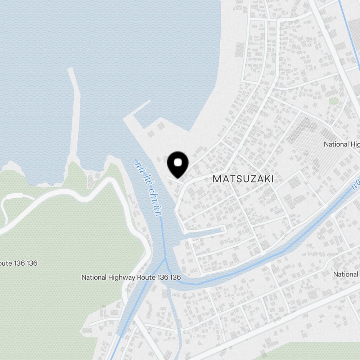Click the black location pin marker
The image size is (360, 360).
[178, 165]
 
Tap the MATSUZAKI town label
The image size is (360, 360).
[243, 179]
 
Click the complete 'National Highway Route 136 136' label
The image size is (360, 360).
[131, 278]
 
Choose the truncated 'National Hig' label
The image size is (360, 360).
[341, 144]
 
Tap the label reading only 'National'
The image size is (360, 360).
[346, 274]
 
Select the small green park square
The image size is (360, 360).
[334, 102]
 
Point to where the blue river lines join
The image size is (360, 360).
[165, 258]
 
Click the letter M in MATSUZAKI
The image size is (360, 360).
[217, 179]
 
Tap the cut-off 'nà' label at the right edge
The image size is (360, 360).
[356, 184]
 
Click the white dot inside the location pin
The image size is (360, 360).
[178, 163]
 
